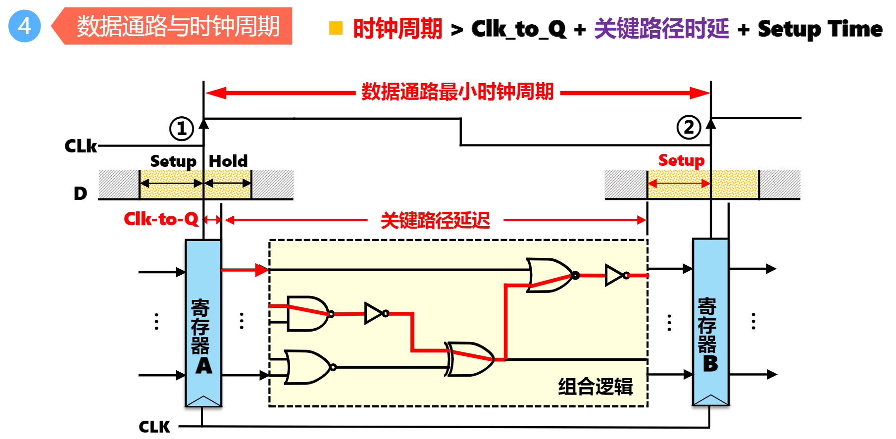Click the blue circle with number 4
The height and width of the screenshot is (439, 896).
pos(25,26)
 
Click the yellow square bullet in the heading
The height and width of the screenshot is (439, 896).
pos(336,28)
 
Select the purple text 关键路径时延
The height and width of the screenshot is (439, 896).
pos(661,29)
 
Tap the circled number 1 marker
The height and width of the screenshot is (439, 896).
pos(182,129)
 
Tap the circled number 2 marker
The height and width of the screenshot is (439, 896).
pos(689,127)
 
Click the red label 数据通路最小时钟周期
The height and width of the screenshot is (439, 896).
pos(457,92)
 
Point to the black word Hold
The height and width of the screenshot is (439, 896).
pos(228,161)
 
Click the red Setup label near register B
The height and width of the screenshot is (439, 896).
pos(681,160)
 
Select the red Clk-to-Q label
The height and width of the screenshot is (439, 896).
pos(161,219)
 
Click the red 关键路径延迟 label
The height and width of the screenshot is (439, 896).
pos(435,220)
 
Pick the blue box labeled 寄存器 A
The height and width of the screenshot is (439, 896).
pos(203,323)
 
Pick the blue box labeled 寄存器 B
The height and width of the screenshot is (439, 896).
pos(710,322)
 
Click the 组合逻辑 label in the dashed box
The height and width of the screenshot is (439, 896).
pos(595,387)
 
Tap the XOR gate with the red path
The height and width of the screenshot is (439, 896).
pos(470,359)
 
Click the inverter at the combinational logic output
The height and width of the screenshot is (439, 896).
pos(615,275)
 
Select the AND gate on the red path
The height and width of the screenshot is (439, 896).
pos(307,314)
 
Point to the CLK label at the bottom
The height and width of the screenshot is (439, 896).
pos(154,426)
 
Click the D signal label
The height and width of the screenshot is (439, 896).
pos(80,193)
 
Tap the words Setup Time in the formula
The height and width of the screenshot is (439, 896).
pos(820,29)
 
